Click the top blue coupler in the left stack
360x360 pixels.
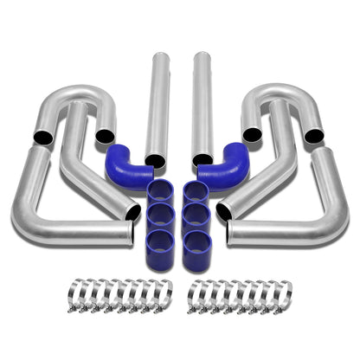click(x=161, y=192)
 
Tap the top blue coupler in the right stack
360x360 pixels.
click(x=197, y=192)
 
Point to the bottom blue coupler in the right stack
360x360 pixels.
click(x=199, y=241)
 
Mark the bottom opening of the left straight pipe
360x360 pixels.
click(x=156, y=160)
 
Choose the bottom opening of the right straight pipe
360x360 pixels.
click(x=202, y=160)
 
